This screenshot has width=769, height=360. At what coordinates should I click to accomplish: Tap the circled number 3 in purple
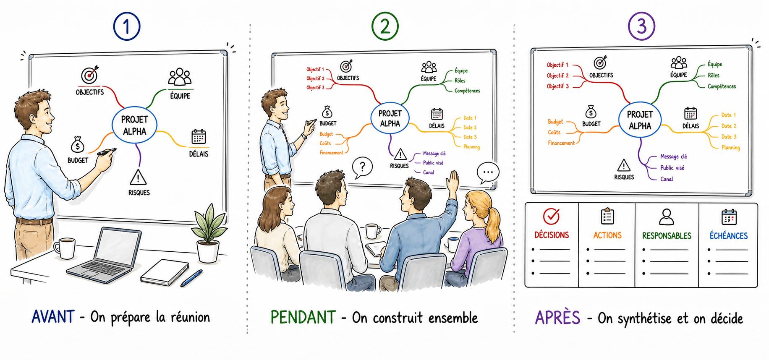point(641,26)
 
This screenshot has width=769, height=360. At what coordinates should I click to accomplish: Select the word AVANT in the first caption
point(53,317)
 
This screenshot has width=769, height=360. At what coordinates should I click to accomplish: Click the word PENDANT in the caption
point(303,317)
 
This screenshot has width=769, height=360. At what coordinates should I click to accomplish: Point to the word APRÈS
point(557,318)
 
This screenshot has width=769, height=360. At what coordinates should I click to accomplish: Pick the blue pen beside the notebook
point(191,278)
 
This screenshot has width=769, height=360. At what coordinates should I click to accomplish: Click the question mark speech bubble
point(362,168)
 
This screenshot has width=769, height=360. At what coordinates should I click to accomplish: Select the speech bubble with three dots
point(488,172)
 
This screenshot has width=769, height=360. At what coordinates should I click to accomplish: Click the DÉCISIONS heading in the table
point(552,235)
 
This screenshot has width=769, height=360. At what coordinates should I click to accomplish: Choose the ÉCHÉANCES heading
point(729,236)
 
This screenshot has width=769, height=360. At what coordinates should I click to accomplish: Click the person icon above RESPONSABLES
point(667,217)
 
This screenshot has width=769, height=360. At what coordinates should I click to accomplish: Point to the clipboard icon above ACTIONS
point(607,216)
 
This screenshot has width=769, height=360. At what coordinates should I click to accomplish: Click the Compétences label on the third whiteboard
point(722,86)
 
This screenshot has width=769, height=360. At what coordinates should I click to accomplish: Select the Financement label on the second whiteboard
point(331,153)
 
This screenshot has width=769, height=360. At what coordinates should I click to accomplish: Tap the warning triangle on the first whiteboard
point(138,177)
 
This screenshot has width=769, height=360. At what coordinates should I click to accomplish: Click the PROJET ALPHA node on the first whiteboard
point(134,125)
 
